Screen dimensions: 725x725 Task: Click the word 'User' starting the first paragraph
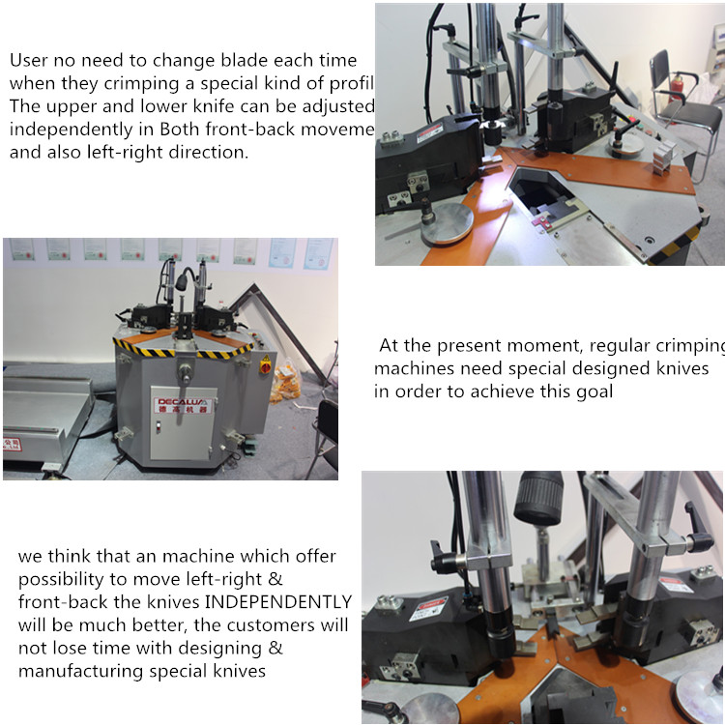click(x=28, y=60)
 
